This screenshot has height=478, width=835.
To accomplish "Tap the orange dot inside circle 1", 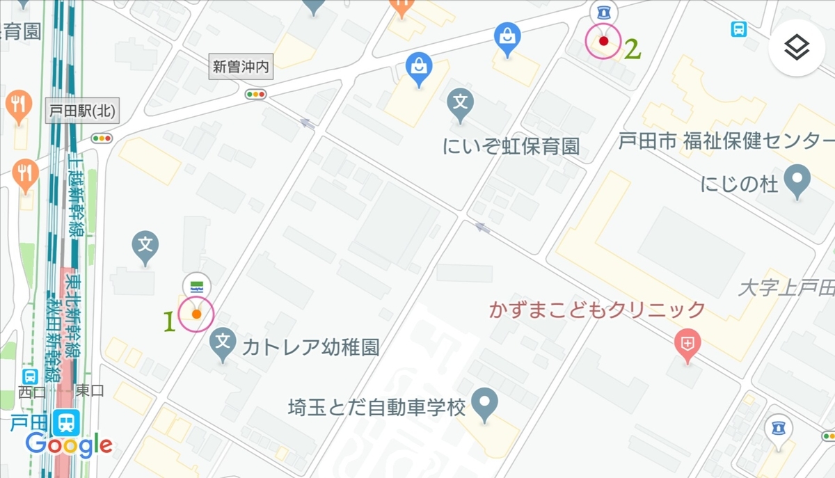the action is [x=196, y=314].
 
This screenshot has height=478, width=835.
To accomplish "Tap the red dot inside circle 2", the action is [x=603, y=41].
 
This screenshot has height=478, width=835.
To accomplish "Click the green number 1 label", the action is [x=168, y=321].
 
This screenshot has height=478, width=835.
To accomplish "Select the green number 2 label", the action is [x=632, y=49].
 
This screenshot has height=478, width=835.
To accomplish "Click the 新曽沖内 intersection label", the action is [x=240, y=67].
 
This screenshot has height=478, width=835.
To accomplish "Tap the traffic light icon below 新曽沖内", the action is [x=256, y=94].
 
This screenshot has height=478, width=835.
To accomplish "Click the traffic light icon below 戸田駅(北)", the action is [x=102, y=138].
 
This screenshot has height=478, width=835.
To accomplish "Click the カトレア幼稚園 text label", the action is [x=310, y=346].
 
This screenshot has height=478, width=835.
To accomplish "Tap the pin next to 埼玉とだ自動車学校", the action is [x=484, y=404].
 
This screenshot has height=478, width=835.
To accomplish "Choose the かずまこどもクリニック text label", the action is [x=597, y=309].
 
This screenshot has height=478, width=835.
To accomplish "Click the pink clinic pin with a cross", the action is [x=687, y=344].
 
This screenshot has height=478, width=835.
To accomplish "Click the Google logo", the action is [x=69, y=444].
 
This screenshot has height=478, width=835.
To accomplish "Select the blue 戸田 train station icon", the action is [x=68, y=422].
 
